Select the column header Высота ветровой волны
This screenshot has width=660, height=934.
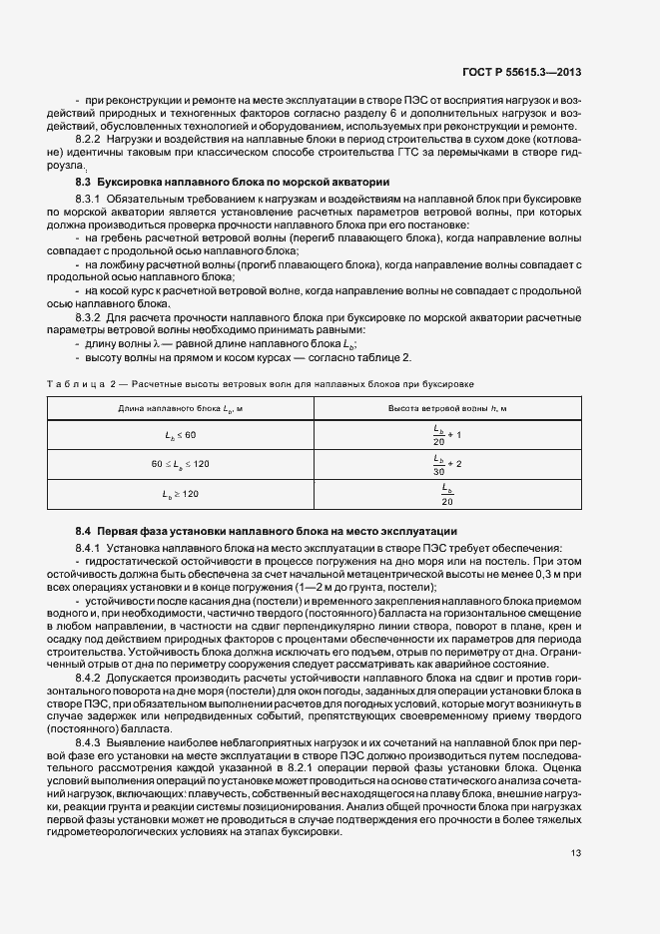[x=446, y=409]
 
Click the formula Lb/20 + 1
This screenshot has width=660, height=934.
[x=446, y=435]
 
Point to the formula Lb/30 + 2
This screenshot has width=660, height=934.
[x=446, y=465]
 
